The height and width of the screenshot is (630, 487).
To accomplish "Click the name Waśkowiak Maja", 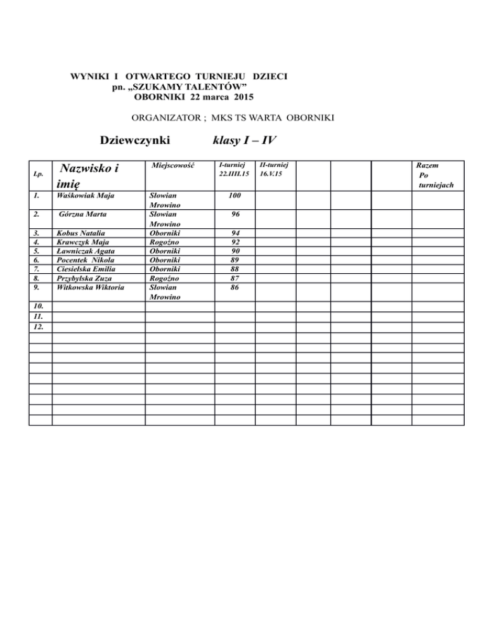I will pyautogui.click(x=85, y=197).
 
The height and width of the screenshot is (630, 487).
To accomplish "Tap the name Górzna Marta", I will pyautogui.click(x=82, y=215).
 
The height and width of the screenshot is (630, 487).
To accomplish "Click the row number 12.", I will pyautogui.click(x=39, y=327).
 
